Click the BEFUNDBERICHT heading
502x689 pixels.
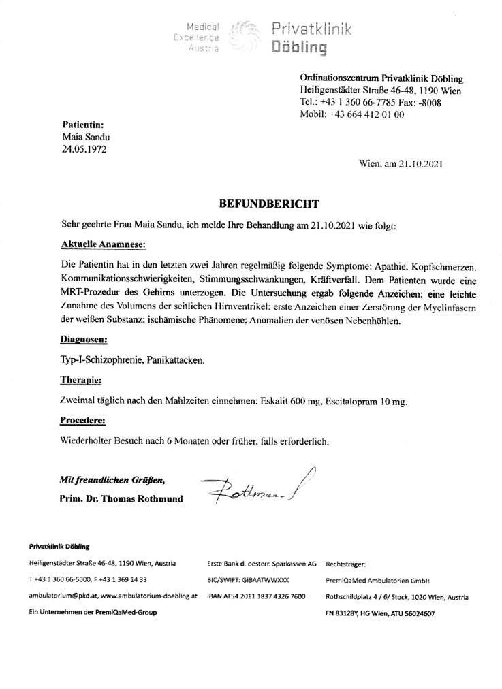point(268,203)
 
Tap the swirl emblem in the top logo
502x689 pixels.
point(243,36)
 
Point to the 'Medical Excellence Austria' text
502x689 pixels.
point(196,37)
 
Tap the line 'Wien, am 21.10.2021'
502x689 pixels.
point(401,163)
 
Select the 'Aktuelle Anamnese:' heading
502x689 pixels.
point(103,244)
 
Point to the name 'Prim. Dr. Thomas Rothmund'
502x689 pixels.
point(121,498)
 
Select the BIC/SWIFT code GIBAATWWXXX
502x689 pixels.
point(248,580)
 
